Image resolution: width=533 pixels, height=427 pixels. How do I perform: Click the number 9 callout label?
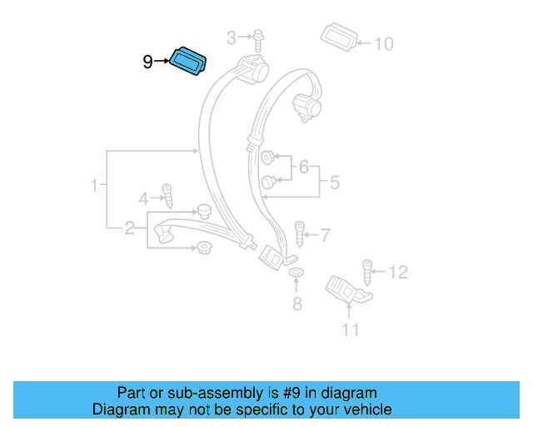(x=147, y=61)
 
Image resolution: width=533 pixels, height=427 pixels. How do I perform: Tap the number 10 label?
(x=383, y=43)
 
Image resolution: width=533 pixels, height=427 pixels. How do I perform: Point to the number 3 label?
(x=232, y=37)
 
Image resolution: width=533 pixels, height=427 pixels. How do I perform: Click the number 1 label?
(x=96, y=184)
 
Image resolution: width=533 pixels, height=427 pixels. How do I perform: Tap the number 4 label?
(x=143, y=198)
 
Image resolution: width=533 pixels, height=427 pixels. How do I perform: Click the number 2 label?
(x=130, y=228)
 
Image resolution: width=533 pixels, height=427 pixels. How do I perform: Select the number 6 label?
(x=304, y=168)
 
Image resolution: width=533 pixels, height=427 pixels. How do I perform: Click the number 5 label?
(x=334, y=182)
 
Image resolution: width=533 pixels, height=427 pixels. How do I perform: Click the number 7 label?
(x=325, y=236)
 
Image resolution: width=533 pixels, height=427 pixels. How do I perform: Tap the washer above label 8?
(x=296, y=274)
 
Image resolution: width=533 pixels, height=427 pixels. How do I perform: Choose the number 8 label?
(x=297, y=304)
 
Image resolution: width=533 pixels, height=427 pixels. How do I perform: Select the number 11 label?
(x=350, y=330)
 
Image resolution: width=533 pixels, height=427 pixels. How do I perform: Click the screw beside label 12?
(x=367, y=272)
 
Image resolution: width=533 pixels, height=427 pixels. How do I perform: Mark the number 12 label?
(x=399, y=272)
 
